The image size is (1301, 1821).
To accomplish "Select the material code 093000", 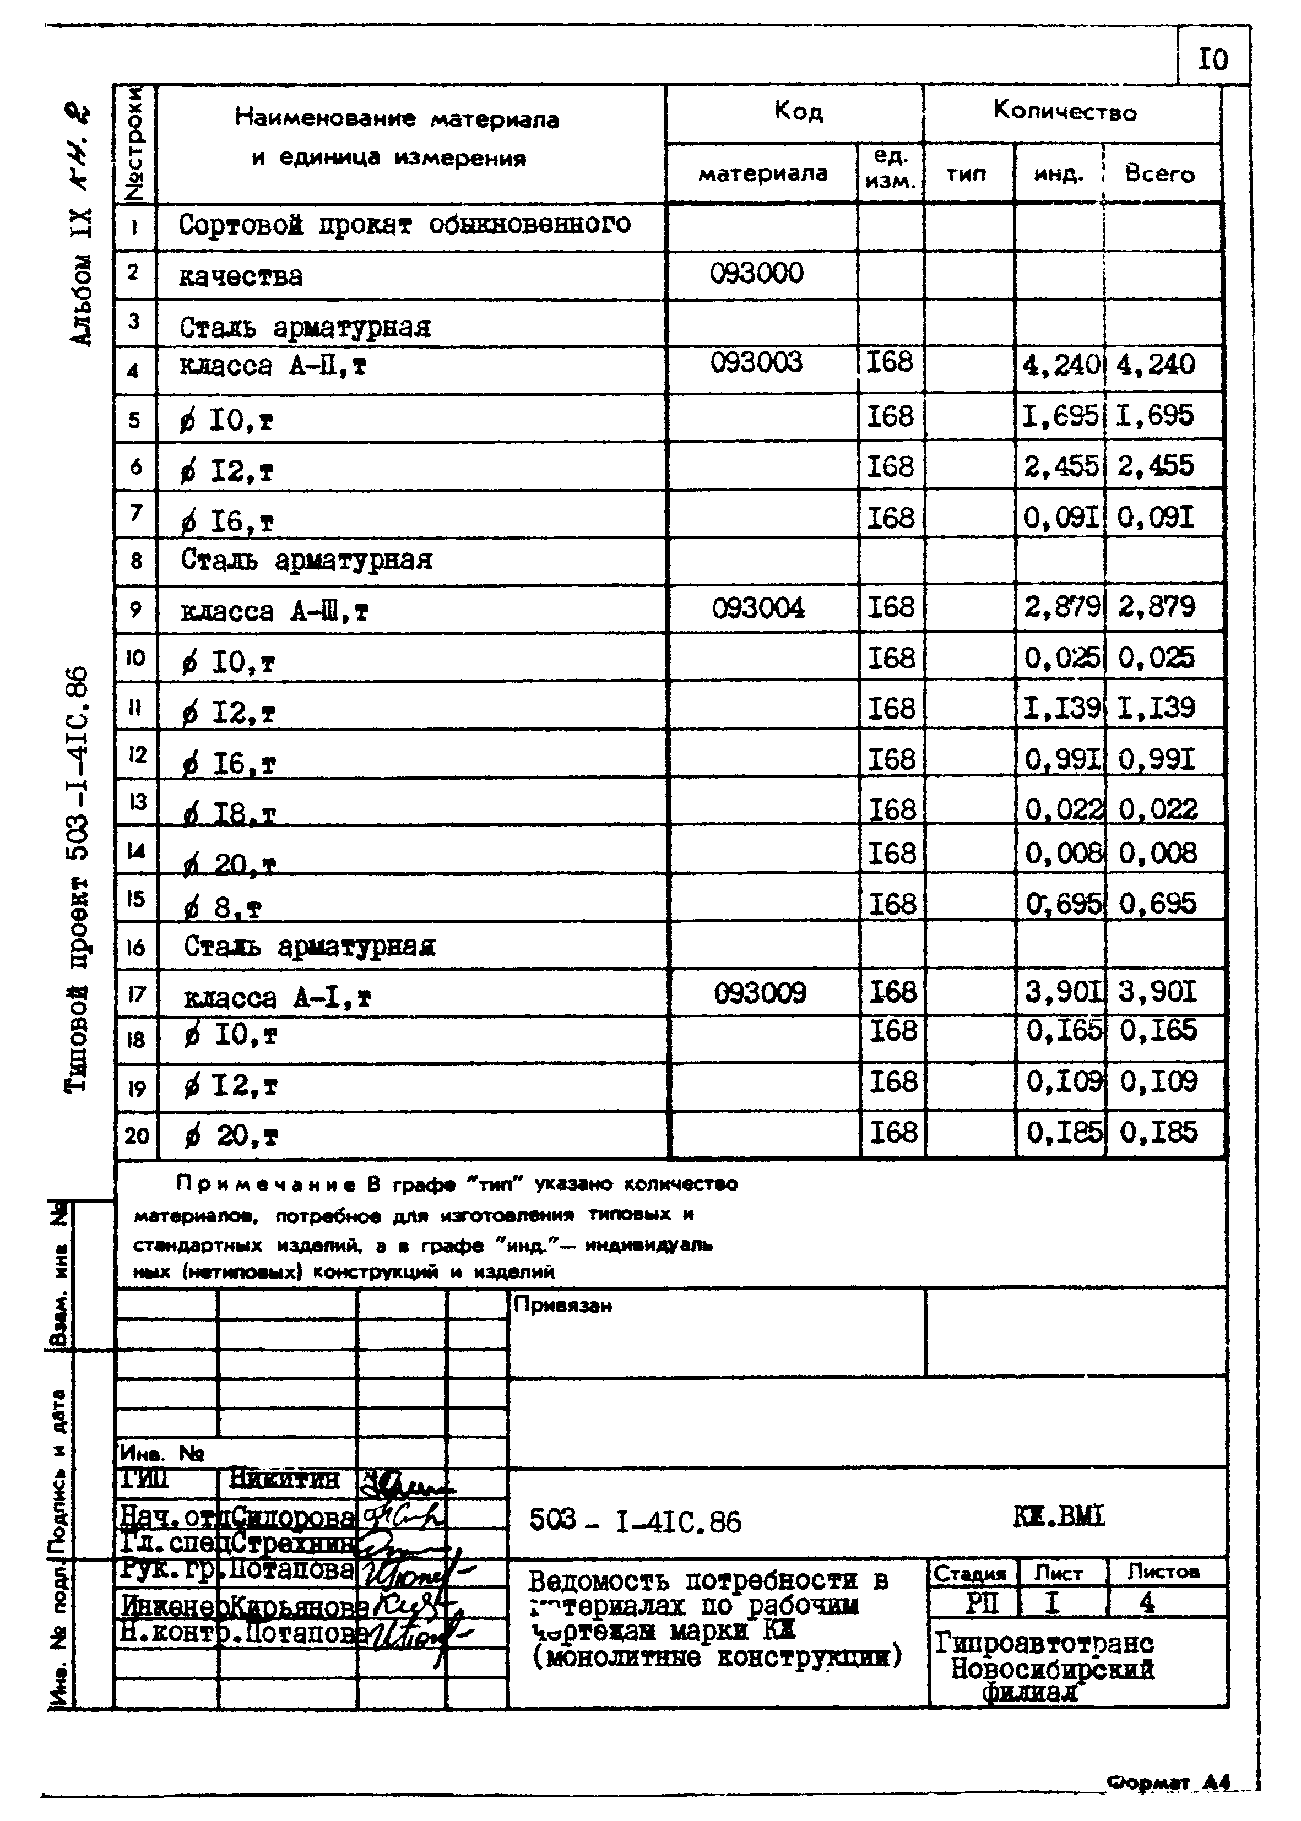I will tap(756, 274).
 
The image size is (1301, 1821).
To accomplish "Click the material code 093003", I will tap(756, 363).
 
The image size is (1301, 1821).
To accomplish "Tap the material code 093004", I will tap(758, 608).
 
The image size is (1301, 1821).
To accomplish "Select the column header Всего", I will tap(1159, 174).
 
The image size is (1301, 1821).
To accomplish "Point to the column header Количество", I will tap(1065, 111).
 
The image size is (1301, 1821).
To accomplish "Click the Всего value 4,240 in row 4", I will tap(1155, 365).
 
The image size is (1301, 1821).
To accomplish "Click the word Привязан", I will tap(562, 1305).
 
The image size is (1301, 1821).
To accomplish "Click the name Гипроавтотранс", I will tap(1044, 1643).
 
